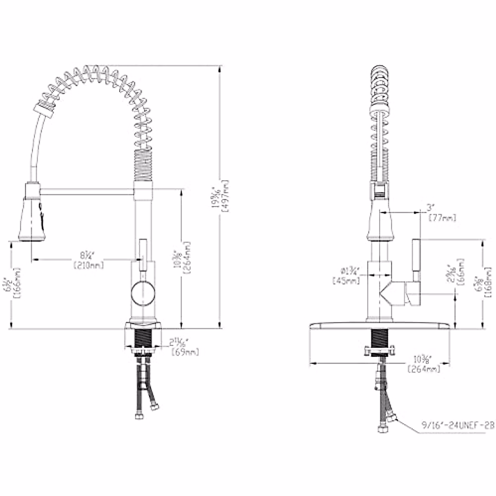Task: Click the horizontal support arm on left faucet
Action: pyautogui.click(x=87, y=191)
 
